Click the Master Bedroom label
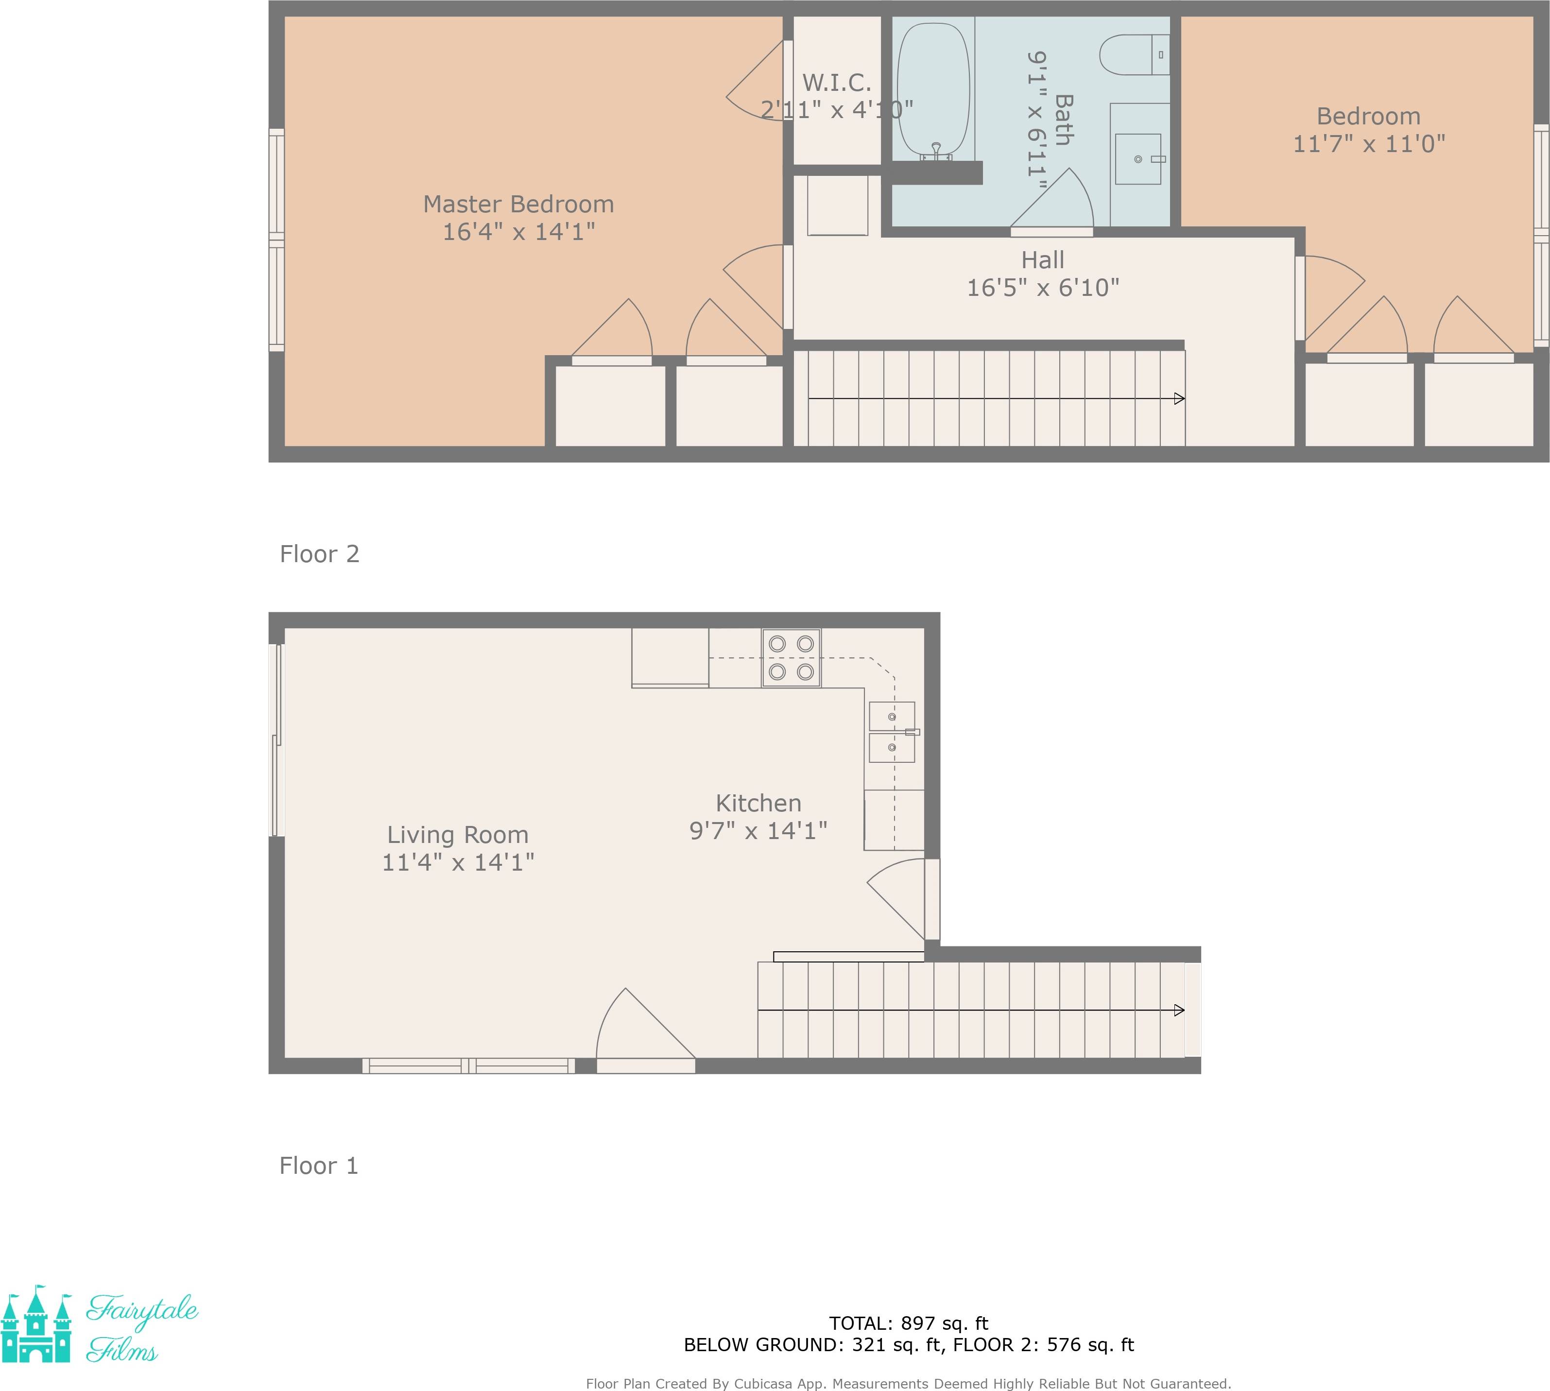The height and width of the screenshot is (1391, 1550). [518, 204]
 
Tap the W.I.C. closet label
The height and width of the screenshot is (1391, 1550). [836, 83]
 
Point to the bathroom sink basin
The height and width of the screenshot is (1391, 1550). [1138, 159]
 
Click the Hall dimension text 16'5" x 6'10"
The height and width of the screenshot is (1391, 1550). [1043, 287]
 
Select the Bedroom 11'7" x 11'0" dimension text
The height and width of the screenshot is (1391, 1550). [1368, 144]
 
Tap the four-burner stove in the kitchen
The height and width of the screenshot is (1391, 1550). [791, 657]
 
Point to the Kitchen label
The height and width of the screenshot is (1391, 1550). [758, 803]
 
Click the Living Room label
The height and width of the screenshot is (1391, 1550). [458, 835]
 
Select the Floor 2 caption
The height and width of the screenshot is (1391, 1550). [320, 554]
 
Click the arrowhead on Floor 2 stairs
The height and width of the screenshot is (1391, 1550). [1179, 398]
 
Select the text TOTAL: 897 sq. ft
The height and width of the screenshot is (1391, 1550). [909, 1323]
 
